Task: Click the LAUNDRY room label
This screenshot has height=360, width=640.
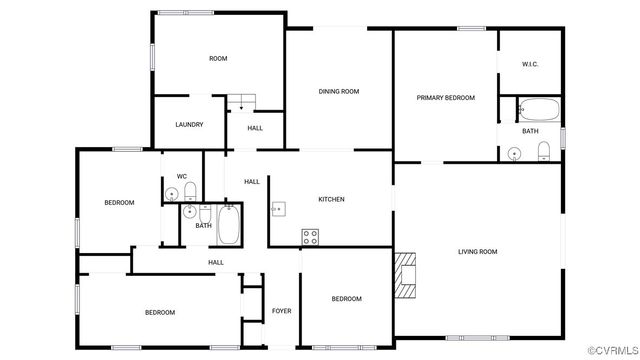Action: (189, 125)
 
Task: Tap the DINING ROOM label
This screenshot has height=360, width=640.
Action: (339, 92)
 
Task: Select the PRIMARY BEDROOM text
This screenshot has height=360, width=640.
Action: (445, 98)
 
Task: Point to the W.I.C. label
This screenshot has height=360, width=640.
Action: (530, 64)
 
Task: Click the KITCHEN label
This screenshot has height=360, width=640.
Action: (331, 199)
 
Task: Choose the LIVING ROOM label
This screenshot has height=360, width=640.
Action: (477, 251)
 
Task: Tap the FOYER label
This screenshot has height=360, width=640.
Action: (282, 311)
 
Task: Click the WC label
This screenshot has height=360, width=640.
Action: (182, 177)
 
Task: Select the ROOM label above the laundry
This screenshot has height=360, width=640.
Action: (218, 59)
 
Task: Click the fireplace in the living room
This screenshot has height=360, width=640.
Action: (404, 276)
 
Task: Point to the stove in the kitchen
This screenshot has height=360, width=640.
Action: (311, 237)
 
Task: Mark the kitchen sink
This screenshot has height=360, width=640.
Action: (280, 210)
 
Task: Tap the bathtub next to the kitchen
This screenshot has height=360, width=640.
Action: (229, 226)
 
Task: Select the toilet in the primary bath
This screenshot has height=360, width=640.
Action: (544, 151)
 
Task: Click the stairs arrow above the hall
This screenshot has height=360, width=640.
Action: (241, 105)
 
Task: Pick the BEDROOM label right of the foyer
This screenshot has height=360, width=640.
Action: (346, 299)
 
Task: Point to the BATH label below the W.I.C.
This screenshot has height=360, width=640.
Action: (530, 131)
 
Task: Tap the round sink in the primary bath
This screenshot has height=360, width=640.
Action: (514, 153)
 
